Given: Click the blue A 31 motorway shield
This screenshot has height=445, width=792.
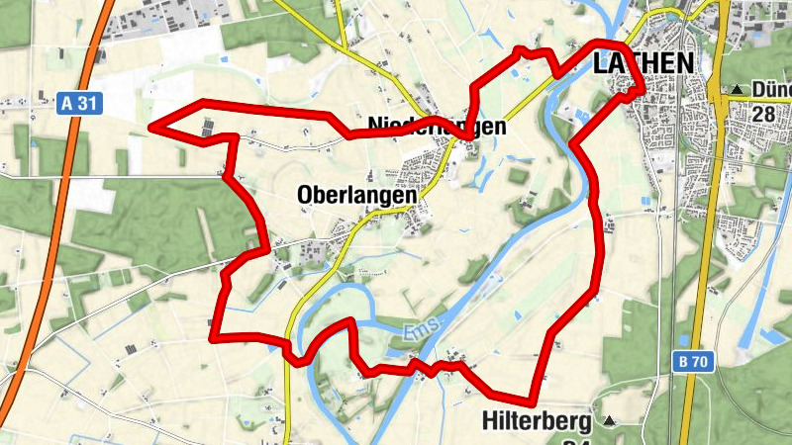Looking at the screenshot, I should (x=79, y=103).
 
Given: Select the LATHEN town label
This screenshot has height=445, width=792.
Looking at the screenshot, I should (x=643, y=62).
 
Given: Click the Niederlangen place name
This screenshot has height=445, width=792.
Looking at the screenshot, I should (x=437, y=127).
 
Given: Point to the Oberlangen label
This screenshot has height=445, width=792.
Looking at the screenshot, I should (x=356, y=196).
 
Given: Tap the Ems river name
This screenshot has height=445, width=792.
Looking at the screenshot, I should (x=420, y=329).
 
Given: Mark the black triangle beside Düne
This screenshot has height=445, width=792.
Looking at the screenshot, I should (x=738, y=90).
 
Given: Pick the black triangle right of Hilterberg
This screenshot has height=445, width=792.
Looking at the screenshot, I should (x=609, y=421).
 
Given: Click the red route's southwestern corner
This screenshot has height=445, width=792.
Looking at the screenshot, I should (x=212, y=337).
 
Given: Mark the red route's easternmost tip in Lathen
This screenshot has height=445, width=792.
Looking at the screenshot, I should (x=641, y=90).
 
